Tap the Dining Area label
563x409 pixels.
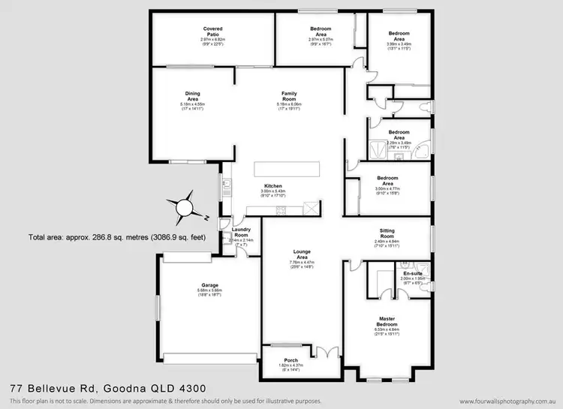(193, 96)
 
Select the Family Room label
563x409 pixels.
(289, 96)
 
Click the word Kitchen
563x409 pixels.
(272, 185)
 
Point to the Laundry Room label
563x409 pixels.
(241, 233)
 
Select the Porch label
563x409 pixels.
(291, 359)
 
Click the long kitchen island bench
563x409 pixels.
(287, 169)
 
